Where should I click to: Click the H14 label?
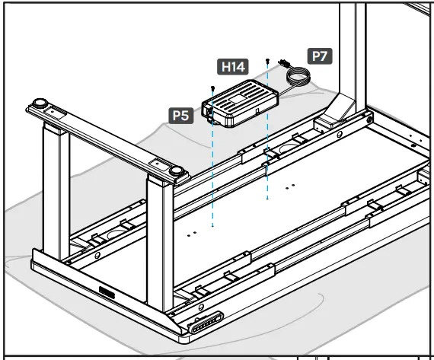pyautogui.click(x=234, y=68)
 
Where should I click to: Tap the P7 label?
pyautogui.click(x=319, y=56)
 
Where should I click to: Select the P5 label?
pyautogui.click(x=180, y=115)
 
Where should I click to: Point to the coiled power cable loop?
pyautogui.click(x=298, y=75)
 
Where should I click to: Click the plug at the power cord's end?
pyautogui.click(x=284, y=62)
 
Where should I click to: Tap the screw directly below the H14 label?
pyautogui.click(x=214, y=88)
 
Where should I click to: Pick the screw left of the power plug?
pyautogui.click(x=268, y=60)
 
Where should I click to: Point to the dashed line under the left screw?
pyautogui.click(x=213, y=175)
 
